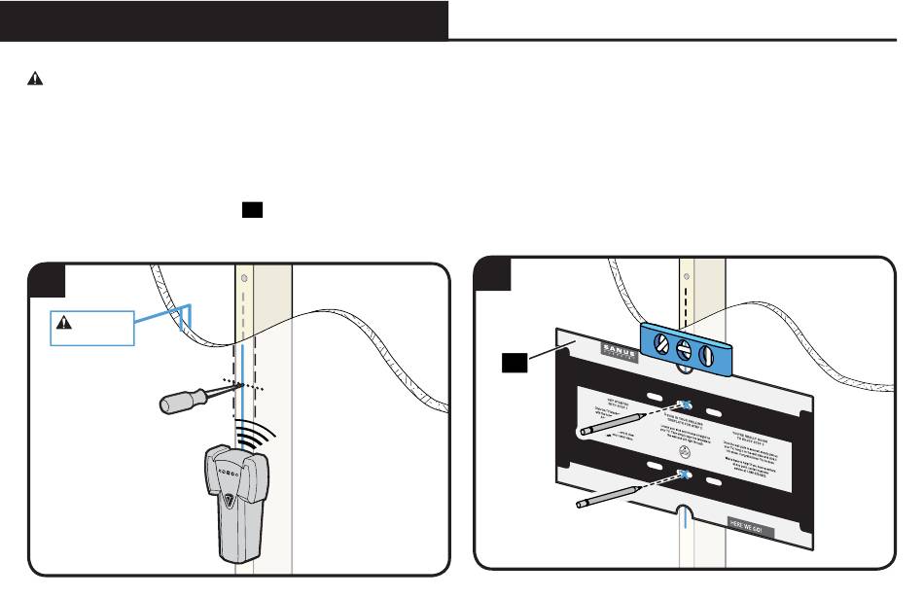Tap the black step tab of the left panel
click(47, 279)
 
